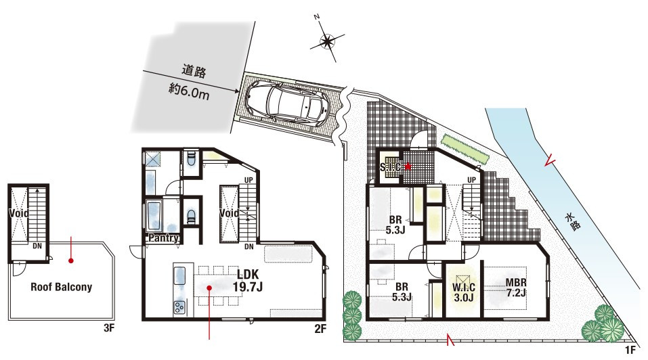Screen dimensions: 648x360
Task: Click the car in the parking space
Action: pyautogui.click(x=288, y=102)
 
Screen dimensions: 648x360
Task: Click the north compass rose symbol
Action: pyautogui.click(x=327, y=41)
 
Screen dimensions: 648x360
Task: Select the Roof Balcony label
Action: pyautogui.click(x=61, y=287)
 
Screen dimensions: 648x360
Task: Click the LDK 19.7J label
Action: pyautogui.click(x=248, y=280)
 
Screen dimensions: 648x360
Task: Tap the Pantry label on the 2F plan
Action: pyautogui.click(x=164, y=238)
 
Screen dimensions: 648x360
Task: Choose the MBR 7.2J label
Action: pyautogui.click(x=516, y=288)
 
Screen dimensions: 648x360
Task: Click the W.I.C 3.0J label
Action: pyautogui.click(x=463, y=292)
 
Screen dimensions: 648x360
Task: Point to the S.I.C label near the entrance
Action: pyautogui.click(x=390, y=166)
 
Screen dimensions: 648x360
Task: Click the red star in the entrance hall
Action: pyautogui.click(x=408, y=166)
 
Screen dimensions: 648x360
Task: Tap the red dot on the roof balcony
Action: pyautogui.click(x=71, y=261)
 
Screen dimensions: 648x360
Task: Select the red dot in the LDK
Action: pyautogui.click(x=209, y=288)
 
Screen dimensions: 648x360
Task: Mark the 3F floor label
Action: pyautogui.click(x=109, y=328)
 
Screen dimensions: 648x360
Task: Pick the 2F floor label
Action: pyautogui.click(x=320, y=329)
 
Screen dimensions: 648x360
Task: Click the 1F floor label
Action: pyautogui.click(x=630, y=350)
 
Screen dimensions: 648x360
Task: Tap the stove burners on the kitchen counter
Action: pyautogui.click(x=179, y=307)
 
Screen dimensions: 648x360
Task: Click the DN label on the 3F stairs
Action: pyautogui.click(x=37, y=246)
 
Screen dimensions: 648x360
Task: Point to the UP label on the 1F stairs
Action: pyautogui.click(x=471, y=180)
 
